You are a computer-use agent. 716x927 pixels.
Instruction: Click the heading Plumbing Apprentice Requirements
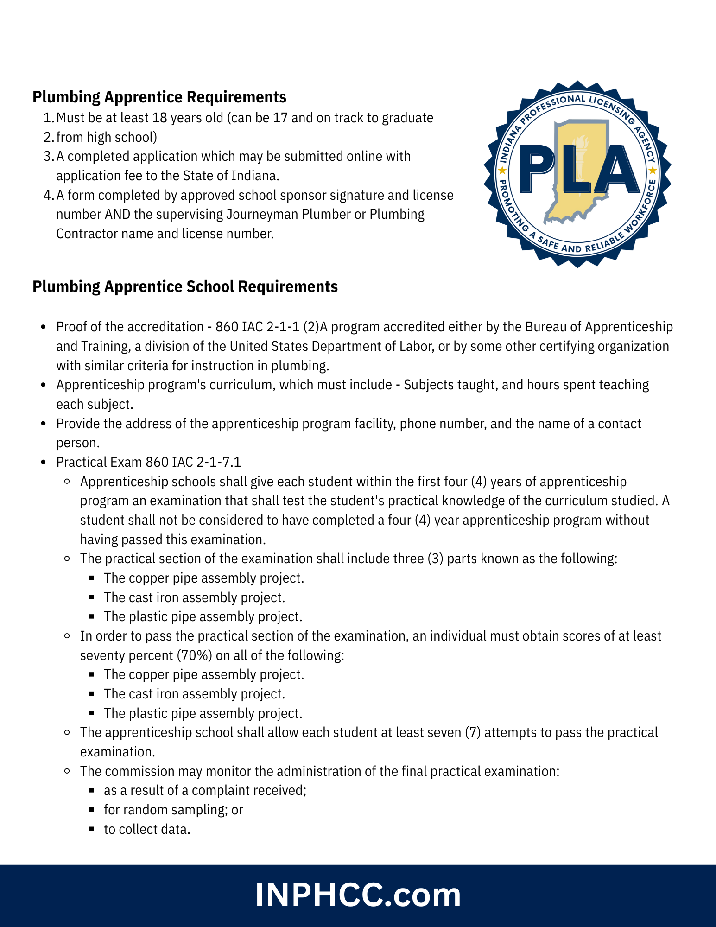159,97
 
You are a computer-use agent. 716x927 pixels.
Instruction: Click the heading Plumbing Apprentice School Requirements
185,287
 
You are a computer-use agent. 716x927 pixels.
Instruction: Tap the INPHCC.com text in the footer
358,895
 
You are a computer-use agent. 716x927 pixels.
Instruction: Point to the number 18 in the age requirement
159,118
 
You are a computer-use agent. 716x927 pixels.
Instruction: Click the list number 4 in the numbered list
49,196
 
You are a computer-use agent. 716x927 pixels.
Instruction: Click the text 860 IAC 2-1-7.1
193,463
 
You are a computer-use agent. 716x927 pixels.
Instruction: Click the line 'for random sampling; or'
173,810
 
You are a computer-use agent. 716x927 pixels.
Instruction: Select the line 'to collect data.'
147,830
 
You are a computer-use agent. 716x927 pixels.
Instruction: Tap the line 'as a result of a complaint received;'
205,791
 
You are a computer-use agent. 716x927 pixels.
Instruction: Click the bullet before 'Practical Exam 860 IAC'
44,463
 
